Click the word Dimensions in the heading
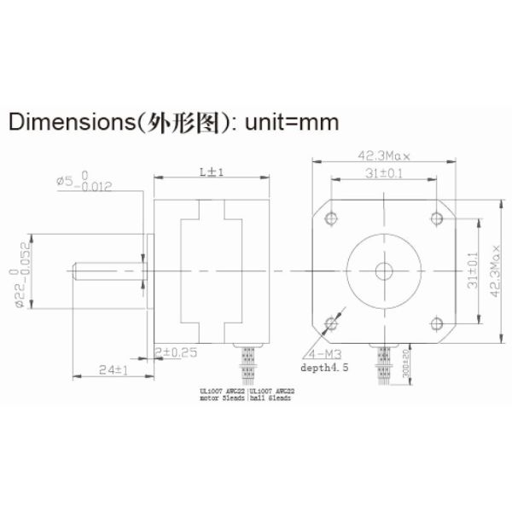pos(67,121)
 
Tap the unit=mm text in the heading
pos(293,121)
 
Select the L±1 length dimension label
pos(210,172)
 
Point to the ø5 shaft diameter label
pos(83,184)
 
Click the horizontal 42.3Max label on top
pos(384,156)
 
